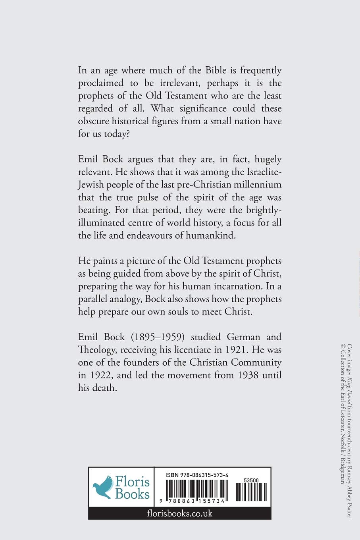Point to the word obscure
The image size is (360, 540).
click(x=94, y=121)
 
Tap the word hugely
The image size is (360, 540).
click(x=266, y=160)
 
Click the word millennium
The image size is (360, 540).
click(x=257, y=185)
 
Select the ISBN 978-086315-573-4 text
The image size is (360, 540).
click(x=197, y=475)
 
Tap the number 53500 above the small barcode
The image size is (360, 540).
click(x=251, y=480)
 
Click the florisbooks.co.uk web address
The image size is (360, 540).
click(x=179, y=513)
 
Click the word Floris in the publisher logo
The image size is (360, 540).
click(x=133, y=482)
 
